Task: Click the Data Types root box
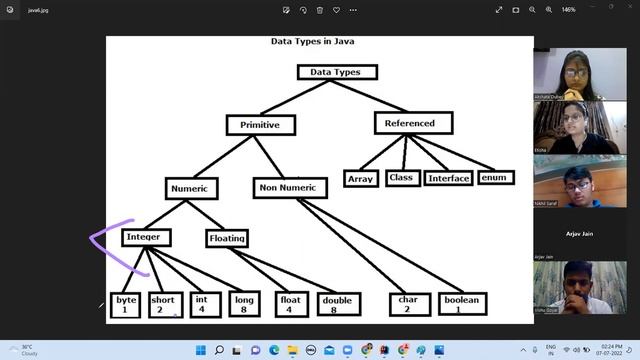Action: point(337,72)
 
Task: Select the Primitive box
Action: point(260,125)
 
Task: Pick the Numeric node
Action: point(188,187)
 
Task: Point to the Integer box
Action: point(146,237)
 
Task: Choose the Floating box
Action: point(227,238)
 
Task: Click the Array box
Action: point(359,179)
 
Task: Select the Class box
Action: point(401,178)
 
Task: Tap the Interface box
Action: point(448,179)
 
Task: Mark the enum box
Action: point(494,178)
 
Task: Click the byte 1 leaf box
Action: point(125,304)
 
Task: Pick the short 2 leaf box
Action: point(163,304)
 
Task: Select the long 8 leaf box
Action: point(242,304)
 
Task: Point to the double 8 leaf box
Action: point(334,304)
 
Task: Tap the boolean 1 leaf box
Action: point(460,304)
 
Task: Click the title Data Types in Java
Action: point(313,42)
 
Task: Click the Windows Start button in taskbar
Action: point(200,350)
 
